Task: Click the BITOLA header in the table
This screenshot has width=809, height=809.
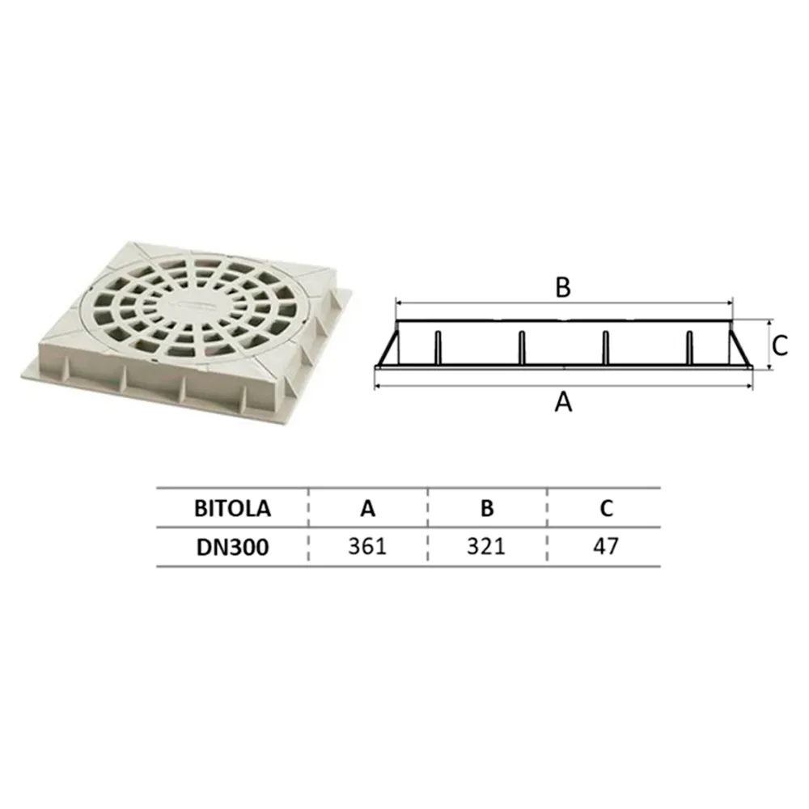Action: coord(232,509)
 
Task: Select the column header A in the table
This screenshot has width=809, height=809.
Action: coord(368,509)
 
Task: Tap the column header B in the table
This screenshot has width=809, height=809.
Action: coord(486,509)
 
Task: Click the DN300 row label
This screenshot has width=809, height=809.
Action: coord(232,546)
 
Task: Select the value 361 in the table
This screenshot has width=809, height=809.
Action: coord(368,546)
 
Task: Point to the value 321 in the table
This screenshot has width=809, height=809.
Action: coord(486,546)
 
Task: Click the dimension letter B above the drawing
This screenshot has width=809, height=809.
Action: coord(563,287)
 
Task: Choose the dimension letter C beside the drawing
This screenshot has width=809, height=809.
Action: coord(779,345)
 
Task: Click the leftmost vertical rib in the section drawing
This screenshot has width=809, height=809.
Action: coord(436,348)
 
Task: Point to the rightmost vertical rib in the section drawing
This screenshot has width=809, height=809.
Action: coord(689,348)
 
